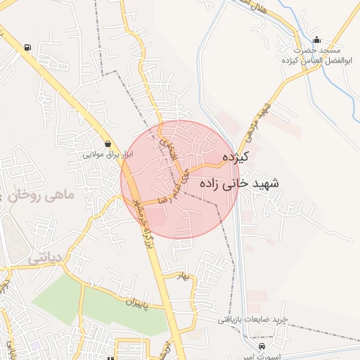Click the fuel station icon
(x=27, y=48)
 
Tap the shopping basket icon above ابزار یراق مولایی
(x=107, y=143)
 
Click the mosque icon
(x=316, y=40)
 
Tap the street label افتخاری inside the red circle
(x=169, y=145)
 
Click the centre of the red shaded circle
(x=180, y=180)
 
